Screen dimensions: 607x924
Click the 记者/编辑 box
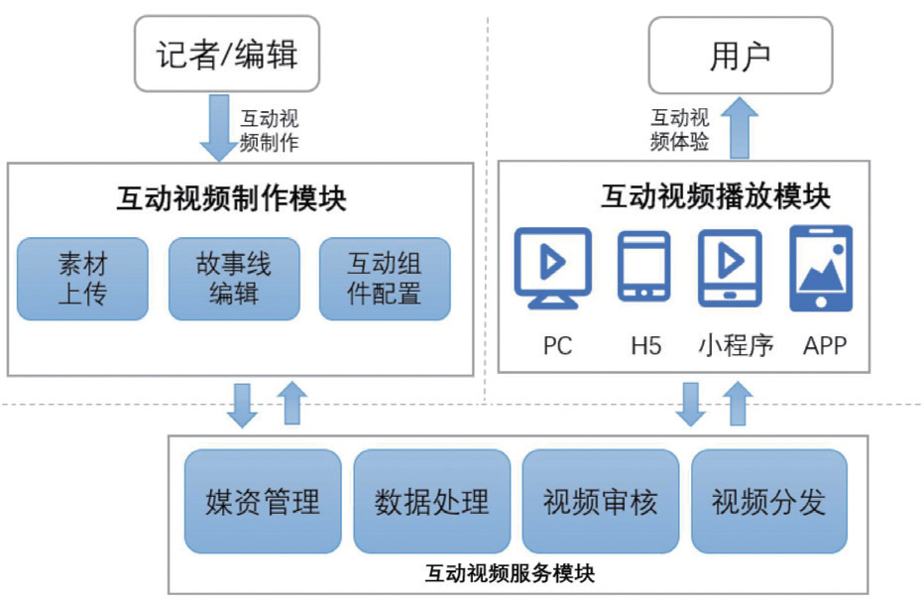coord(226,54)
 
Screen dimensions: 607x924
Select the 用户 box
coord(740,56)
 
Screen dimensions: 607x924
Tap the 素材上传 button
coord(82,279)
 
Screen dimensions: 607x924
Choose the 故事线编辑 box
coord(233,279)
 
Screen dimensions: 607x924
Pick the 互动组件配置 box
coord(384,279)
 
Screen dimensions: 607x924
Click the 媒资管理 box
coord(263,501)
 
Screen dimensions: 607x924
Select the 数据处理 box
coord(431,501)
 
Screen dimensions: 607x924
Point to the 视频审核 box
coord(600,501)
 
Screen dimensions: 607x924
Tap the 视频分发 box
coord(769,501)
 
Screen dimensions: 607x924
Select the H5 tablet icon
coord(643,266)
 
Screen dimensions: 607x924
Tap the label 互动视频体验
coord(679,130)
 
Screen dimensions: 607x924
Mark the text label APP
coord(825,346)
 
